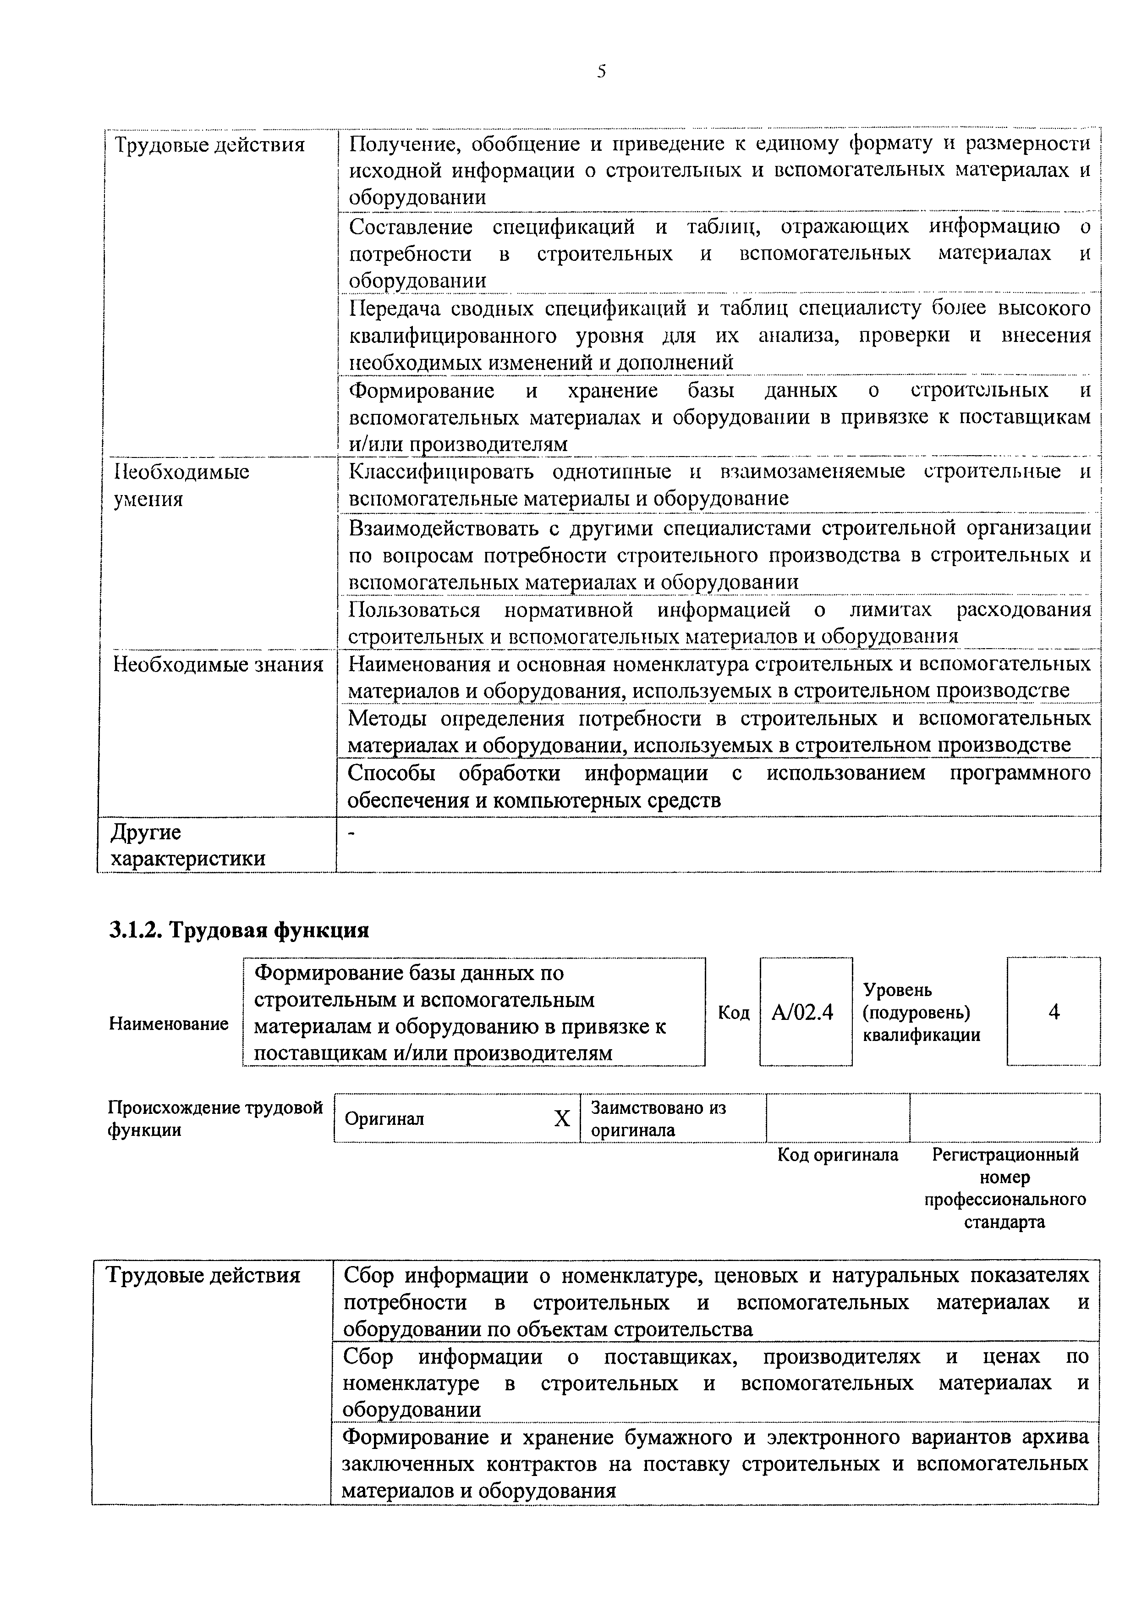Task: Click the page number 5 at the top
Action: pyautogui.click(x=601, y=71)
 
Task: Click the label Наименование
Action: pyautogui.click(x=169, y=1024)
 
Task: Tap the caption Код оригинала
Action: pyautogui.click(x=838, y=1155)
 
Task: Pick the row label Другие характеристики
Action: pyautogui.click(x=187, y=845)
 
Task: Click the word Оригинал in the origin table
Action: pyautogui.click(x=384, y=1119)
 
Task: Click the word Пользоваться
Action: pyautogui.click(x=414, y=610)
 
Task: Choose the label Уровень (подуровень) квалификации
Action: pyautogui.click(x=921, y=1013)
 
